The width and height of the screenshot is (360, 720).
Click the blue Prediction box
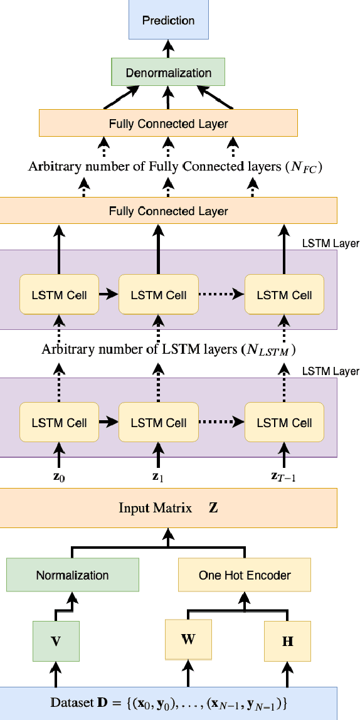(x=167, y=20)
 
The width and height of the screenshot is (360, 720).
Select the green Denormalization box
(x=167, y=73)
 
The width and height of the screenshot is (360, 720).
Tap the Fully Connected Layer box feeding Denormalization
(x=167, y=124)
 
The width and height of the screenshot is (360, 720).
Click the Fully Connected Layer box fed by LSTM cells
(x=167, y=211)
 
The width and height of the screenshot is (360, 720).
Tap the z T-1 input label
(x=283, y=476)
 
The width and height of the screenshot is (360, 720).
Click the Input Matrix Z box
(x=167, y=507)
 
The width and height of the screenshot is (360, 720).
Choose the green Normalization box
(x=72, y=575)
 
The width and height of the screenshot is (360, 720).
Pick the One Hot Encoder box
(x=245, y=575)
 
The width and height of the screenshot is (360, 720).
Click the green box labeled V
(x=56, y=641)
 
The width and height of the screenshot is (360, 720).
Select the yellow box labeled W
(x=188, y=640)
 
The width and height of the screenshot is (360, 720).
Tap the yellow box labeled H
(x=288, y=641)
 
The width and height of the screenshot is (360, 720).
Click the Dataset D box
(x=167, y=704)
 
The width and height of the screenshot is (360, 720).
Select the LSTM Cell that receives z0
(x=59, y=423)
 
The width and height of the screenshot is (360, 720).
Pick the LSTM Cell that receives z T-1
(x=283, y=423)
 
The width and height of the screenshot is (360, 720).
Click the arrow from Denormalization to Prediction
(x=167, y=49)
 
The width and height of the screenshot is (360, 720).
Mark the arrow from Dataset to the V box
(x=56, y=674)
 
